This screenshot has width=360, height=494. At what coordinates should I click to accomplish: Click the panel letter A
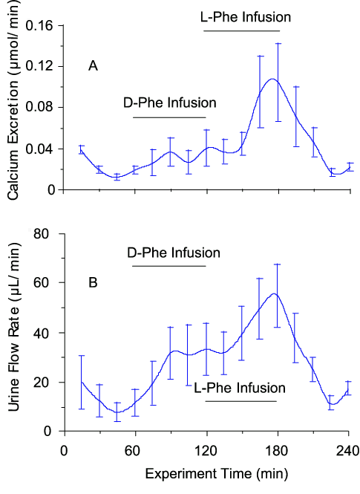coord(94,67)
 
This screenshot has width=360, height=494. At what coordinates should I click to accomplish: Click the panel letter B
coord(94,282)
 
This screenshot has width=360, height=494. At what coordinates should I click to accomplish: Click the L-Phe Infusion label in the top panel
coord(246,16)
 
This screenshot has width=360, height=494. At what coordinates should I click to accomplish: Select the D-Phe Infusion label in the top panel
coord(170,103)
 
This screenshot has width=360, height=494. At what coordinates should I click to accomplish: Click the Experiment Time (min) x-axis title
coord(206,472)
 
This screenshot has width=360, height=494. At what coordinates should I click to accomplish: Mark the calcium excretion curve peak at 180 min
coord(274,79)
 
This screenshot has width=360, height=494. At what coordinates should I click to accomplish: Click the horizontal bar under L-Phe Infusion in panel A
coord(242,30)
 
